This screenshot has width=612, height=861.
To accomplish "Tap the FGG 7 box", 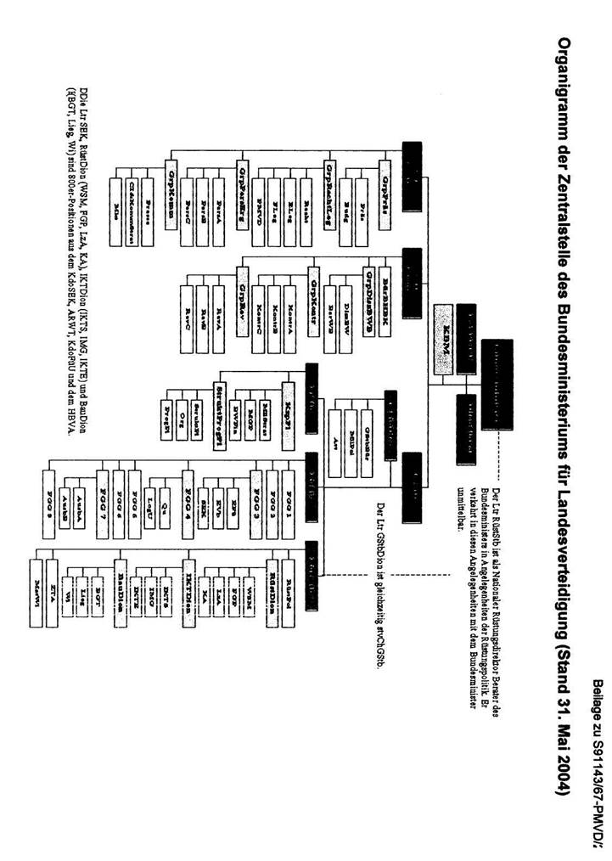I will (102, 493).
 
